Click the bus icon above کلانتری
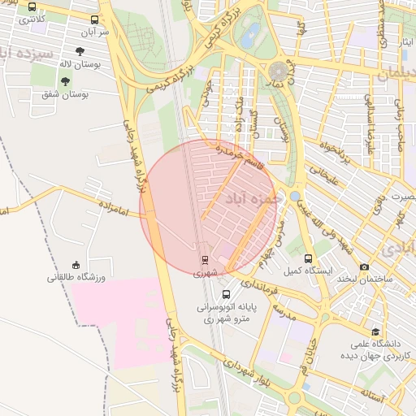pos(32,6)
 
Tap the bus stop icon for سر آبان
pos(95,19)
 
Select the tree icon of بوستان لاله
pos(80,50)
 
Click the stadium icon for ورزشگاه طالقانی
pos(76,265)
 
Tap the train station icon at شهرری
pos(205,261)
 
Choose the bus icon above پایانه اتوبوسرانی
pos(225,294)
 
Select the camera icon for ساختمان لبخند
pos(363,266)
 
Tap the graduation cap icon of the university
pos(375,331)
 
